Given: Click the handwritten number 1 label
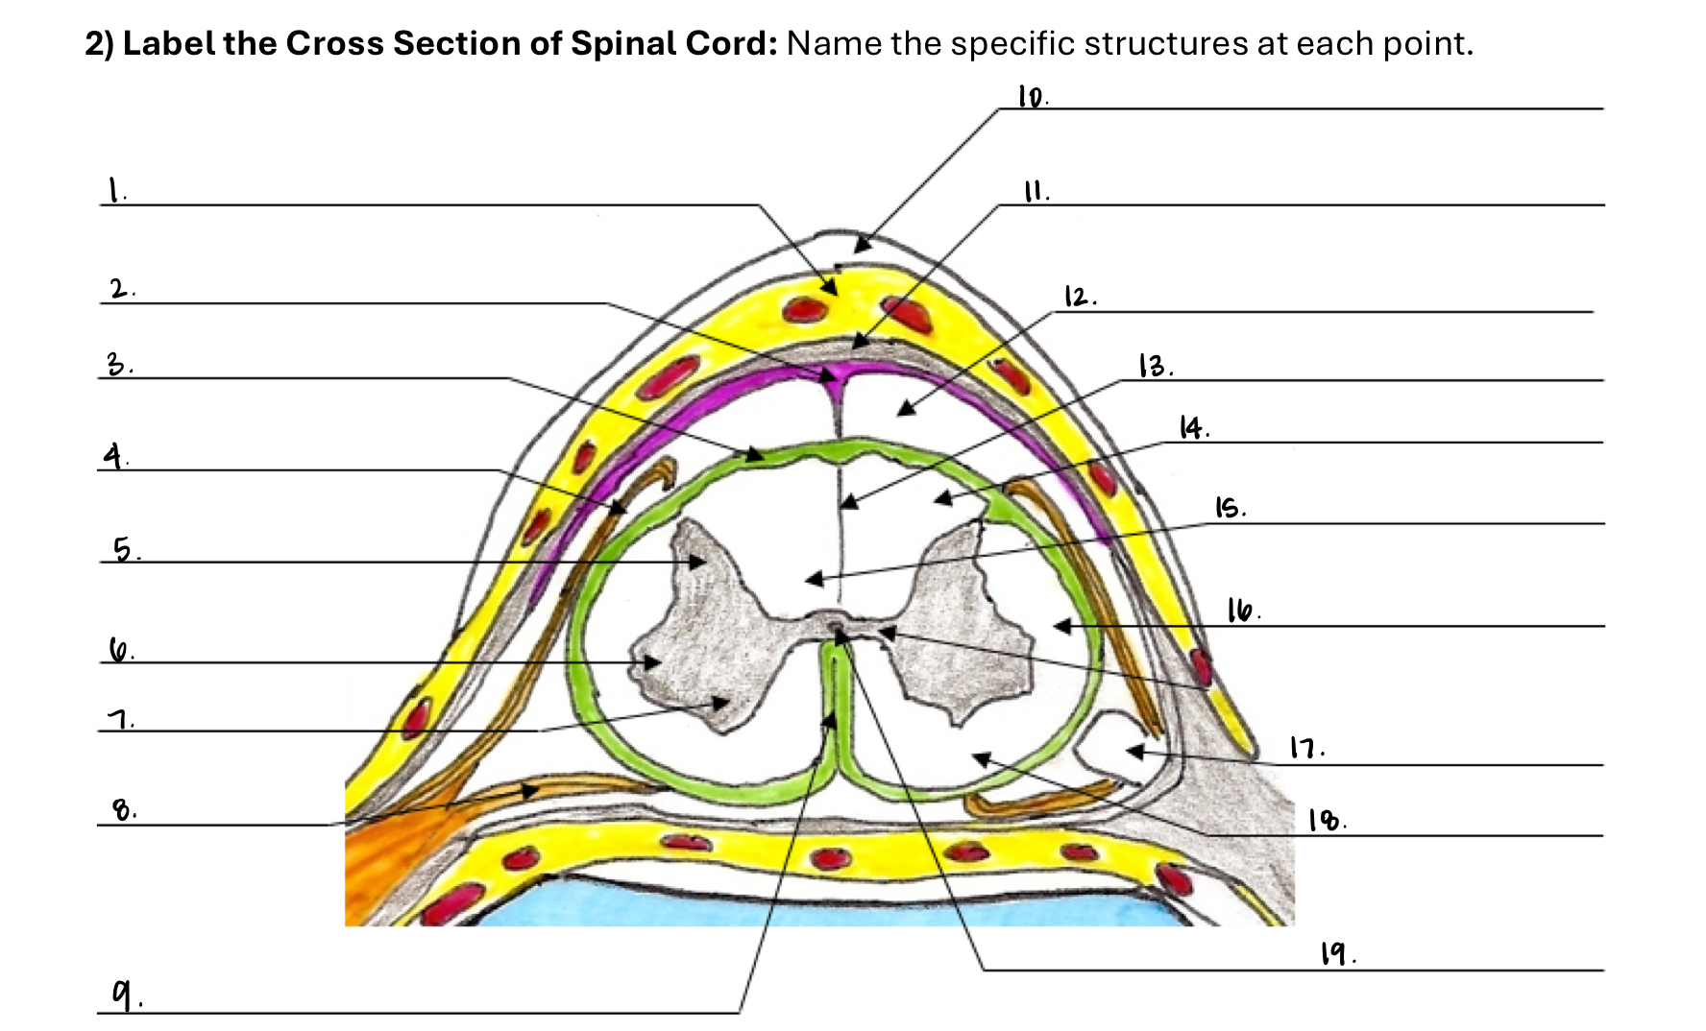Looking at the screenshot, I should coord(114,190).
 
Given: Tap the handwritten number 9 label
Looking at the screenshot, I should coord(122,995).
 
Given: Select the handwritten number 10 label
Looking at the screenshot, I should coord(1032,97).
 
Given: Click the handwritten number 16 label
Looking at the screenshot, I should coord(1240,611).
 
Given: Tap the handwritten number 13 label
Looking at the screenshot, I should coord(1152,366).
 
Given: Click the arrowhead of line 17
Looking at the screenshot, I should coord(1132,752).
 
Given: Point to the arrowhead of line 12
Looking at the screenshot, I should coord(900,413).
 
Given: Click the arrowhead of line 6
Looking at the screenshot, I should coord(657,662).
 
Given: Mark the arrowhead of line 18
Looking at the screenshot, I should coord(977,758).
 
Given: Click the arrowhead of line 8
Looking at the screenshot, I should coord(534,790).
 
